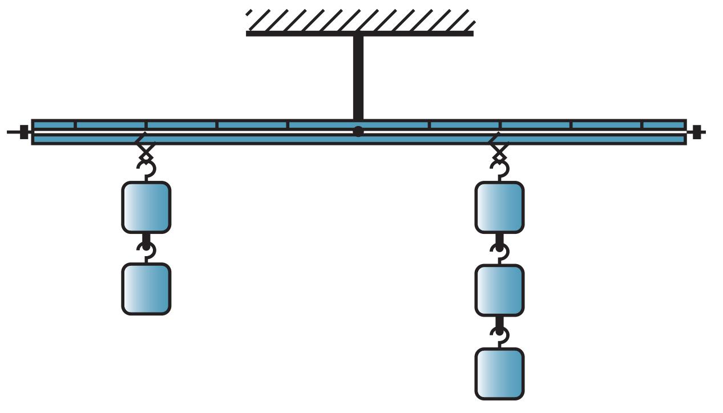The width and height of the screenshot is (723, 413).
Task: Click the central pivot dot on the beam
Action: [358, 132]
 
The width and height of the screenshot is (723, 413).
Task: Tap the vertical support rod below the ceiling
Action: [358, 77]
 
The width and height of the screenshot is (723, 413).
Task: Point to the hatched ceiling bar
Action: [360, 33]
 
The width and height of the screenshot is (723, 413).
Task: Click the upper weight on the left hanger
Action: [146, 208]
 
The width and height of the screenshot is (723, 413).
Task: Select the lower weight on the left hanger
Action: [146, 289]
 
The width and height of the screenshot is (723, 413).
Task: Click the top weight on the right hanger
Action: [499, 208]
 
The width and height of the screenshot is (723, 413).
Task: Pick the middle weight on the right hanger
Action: [499, 290]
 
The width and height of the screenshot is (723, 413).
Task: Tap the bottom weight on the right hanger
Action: [499, 374]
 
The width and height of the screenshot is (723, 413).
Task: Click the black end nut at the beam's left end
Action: [24, 132]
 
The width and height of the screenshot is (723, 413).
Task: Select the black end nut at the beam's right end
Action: [697, 132]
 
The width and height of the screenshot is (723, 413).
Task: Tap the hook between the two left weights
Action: [147, 250]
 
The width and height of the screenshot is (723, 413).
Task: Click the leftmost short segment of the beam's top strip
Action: [54, 125]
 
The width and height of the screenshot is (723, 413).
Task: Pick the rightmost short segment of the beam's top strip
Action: [664, 125]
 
